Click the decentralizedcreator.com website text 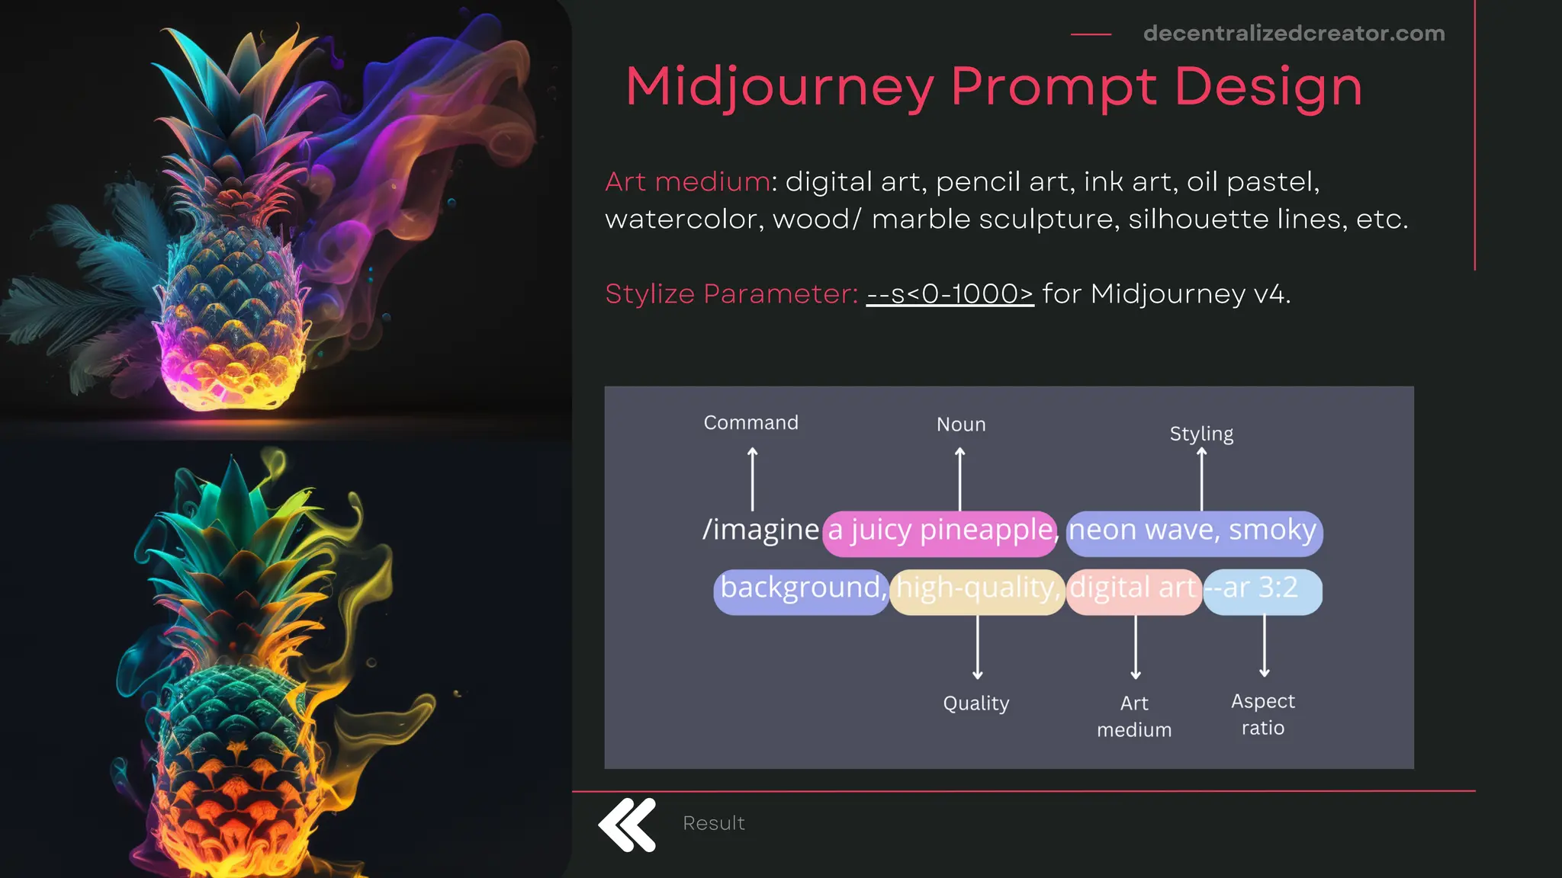click(x=1294, y=34)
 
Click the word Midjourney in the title click(x=779, y=88)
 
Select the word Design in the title click(x=1268, y=88)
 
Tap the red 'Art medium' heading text click(x=687, y=182)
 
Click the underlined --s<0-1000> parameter click(x=950, y=294)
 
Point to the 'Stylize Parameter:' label click(x=731, y=294)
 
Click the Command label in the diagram click(x=750, y=423)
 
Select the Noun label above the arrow click(x=961, y=425)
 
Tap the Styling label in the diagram click(x=1201, y=434)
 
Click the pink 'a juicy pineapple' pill click(x=940, y=531)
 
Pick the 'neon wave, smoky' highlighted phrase click(x=1194, y=531)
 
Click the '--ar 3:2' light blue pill click(x=1262, y=589)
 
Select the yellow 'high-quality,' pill click(x=977, y=589)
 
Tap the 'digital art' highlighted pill click(x=1133, y=589)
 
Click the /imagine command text click(x=760, y=530)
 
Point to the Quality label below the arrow click(x=976, y=703)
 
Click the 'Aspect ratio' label click(x=1263, y=714)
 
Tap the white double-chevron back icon click(x=627, y=825)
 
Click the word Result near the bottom click(x=713, y=824)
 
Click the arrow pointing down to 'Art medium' click(x=1136, y=648)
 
